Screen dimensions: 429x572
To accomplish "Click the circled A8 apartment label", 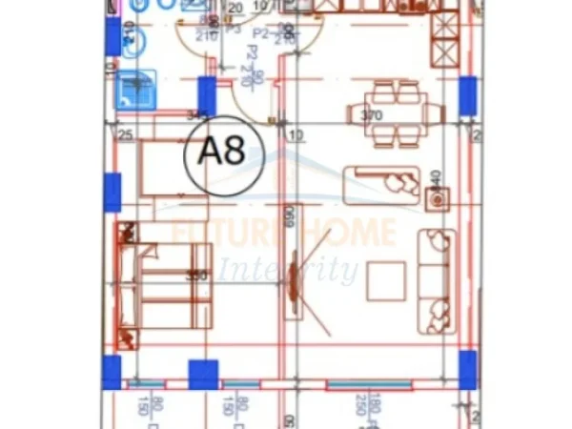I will pyautogui.click(x=221, y=152).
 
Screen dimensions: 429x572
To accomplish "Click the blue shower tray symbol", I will pyautogui.click(x=135, y=89).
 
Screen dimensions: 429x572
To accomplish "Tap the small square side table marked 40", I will pyautogui.click(x=438, y=199).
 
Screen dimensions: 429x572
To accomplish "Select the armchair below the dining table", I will pyautogui.click(x=381, y=180).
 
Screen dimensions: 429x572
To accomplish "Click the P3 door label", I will pyautogui.click(x=232, y=30).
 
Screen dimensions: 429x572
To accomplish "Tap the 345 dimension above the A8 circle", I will pyautogui.click(x=198, y=116).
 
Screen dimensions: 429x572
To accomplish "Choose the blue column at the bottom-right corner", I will pyautogui.click(x=467, y=369).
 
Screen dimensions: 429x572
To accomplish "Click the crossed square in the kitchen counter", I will pyautogui.click(x=444, y=45).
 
